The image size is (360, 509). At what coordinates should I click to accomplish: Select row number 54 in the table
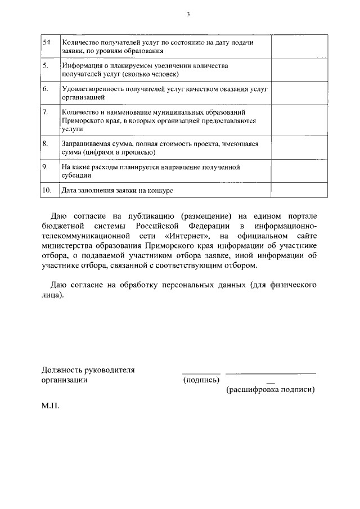coord(47,43)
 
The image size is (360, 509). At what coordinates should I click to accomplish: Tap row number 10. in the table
coord(47,191)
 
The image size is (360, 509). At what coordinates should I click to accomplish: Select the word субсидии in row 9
coord(76,175)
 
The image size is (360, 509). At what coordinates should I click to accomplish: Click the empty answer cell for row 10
coord(300,191)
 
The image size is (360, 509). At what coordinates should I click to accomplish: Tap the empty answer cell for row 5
coord(300,70)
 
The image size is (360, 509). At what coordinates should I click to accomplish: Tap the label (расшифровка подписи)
coord(270,389)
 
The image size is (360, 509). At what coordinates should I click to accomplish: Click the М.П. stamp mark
coord(51,404)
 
